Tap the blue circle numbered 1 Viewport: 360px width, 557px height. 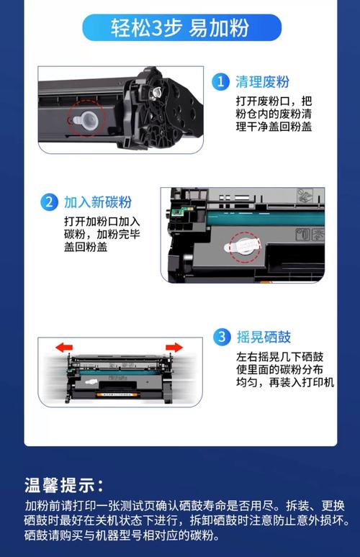click(x=220, y=82)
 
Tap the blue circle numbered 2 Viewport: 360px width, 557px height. click(x=48, y=201)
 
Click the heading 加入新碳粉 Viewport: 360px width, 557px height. click(x=97, y=201)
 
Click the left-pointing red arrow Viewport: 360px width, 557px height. click(x=65, y=348)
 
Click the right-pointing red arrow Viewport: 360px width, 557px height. click(x=174, y=348)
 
